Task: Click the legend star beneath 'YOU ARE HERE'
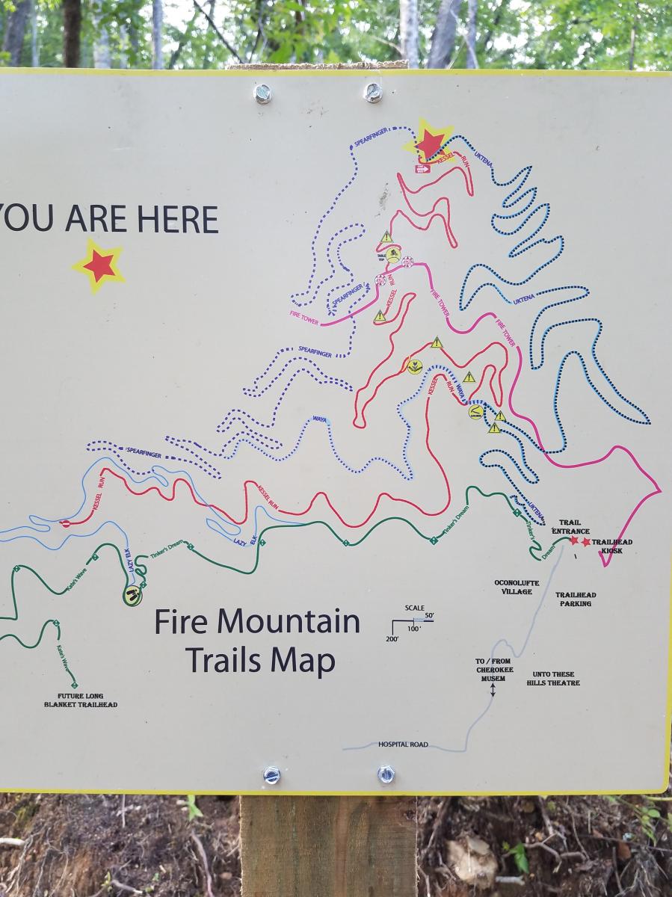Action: click(99, 265)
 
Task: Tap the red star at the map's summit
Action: click(430, 142)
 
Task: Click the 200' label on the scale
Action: click(392, 640)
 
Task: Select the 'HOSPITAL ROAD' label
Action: click(403, 745)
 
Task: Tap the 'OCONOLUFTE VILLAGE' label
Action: click(513, 587)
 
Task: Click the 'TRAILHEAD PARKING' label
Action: click(575, 599)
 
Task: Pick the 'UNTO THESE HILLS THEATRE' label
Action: click(552, 678)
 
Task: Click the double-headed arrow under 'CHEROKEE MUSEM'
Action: click(493, 690)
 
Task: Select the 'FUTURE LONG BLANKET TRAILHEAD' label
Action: click(80, 700)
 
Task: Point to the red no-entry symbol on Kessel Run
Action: click(65, 523)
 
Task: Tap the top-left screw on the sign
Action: click(262, 93)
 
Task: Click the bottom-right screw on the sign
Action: click(386, 774)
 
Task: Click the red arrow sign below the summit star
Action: click(423, 169)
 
